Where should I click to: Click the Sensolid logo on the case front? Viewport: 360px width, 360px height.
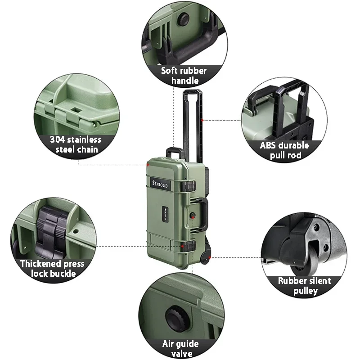coord(160,184)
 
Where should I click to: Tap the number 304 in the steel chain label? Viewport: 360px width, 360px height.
coord(58,139)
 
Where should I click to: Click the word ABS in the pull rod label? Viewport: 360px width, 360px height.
coord(267,145)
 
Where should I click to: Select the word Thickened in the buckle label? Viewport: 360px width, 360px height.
coord(40,264)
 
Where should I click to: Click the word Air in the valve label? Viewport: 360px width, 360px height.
coord(167,344)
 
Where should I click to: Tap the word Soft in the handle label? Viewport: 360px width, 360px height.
coord(169,71)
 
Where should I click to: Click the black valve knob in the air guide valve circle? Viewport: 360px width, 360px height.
coord(177,318)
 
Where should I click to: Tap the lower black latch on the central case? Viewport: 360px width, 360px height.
coord(188,246)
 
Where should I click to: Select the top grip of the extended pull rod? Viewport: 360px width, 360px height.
coord(193,92)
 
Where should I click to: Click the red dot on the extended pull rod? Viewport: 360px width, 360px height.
coord(202,120)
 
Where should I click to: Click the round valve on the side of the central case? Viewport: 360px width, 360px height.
coord(193,215)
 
